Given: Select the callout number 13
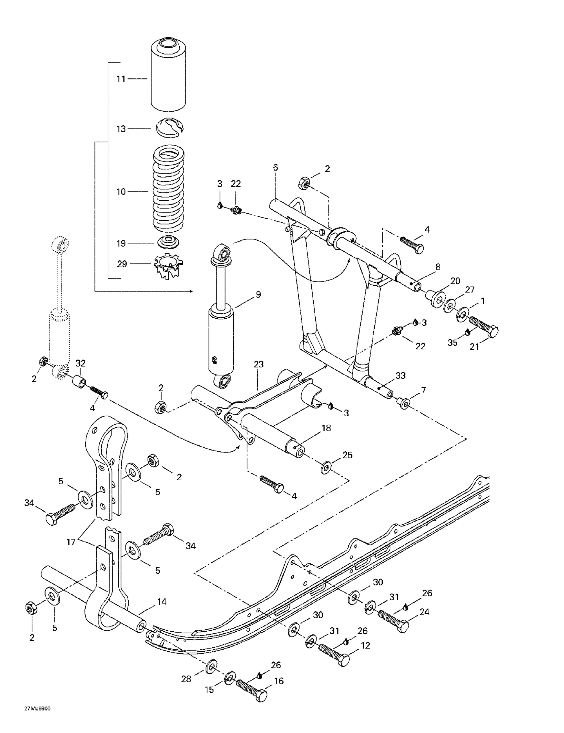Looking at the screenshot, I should tap(121, 129).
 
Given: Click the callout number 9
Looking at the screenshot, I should tap(258, 294).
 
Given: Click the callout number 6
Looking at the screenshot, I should tap(275, 167).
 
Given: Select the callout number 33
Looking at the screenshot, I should tap(400, 375).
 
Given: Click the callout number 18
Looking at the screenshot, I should tap(326, 428).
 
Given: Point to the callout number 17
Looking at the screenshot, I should tap(71, 542).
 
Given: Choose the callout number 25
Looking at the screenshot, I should tap(347, 455).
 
